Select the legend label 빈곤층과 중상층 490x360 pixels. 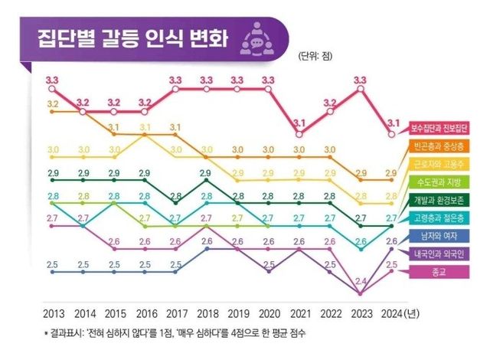tap(444, 146)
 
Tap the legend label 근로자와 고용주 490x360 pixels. tap(444, 164)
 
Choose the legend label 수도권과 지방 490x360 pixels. tap(444, 182)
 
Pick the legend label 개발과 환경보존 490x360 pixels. tap(444, 200)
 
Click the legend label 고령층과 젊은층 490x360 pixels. tap(444, 218)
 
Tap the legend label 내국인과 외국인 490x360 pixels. tap(444, 254)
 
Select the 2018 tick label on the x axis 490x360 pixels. tap(207, 313)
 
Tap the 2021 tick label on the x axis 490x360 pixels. tap(299, 313)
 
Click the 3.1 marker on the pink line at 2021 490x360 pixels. tap(299, 134)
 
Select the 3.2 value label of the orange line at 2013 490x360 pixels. tap(52, 103)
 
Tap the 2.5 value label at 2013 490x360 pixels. tap(52, 265)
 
